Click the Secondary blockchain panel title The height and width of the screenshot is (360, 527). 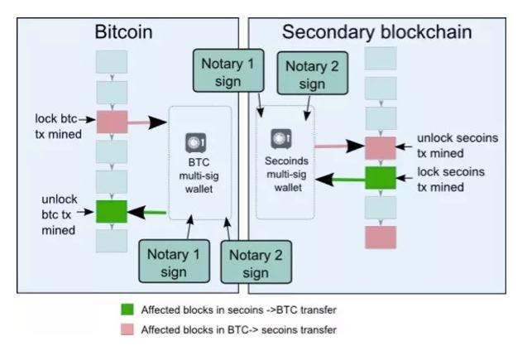tap(376, 33)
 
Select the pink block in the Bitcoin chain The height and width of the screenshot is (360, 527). tap(112, 122)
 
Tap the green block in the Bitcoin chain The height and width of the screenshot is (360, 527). tap(112, 211)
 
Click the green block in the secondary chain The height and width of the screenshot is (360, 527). tap(381, 177)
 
